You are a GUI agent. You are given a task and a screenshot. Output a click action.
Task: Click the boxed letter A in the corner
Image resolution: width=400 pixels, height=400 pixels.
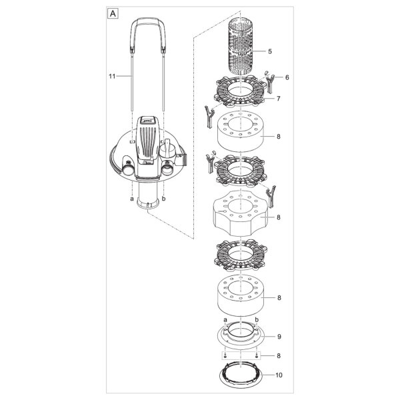(113, 13)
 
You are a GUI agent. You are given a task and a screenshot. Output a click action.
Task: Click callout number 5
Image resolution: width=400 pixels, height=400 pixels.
(270, 51)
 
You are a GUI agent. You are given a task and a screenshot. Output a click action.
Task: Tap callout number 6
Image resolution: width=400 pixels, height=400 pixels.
(287, 77)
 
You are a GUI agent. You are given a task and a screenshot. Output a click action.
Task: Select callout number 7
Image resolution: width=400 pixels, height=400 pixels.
(278, 99)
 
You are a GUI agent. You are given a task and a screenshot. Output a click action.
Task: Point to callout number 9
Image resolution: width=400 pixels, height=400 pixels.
(279, 337)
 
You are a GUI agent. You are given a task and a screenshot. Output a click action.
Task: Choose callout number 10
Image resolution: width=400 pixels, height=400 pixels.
(279, 375)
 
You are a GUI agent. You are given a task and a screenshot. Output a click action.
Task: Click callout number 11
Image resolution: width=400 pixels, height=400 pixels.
(112, 76)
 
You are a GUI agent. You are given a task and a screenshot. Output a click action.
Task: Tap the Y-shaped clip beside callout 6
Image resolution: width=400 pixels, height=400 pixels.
(270, 83)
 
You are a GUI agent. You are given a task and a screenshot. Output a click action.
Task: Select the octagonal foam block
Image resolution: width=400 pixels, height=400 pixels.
(240, 213)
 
